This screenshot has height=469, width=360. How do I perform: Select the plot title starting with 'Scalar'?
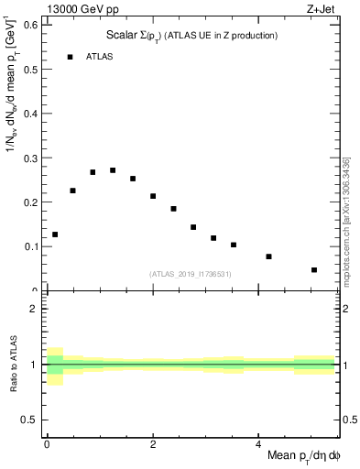[191, 36]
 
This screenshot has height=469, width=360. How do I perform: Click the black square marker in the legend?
[70, 57]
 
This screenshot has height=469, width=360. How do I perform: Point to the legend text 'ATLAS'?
[101, 57]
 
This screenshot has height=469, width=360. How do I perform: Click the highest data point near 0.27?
[113, 170]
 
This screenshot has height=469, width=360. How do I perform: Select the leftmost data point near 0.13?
[55, 234]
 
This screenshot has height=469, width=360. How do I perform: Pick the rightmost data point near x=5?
[314, 270]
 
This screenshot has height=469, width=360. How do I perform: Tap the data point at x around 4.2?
[268, 256]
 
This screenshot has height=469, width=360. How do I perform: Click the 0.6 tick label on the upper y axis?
[31, 25]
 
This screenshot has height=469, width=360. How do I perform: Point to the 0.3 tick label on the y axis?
[31, 158]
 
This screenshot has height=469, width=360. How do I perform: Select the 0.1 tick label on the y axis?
[31, 246]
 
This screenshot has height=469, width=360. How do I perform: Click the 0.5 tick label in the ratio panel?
[31, 420]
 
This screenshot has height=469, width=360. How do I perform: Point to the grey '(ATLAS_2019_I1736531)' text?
[191, 274]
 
